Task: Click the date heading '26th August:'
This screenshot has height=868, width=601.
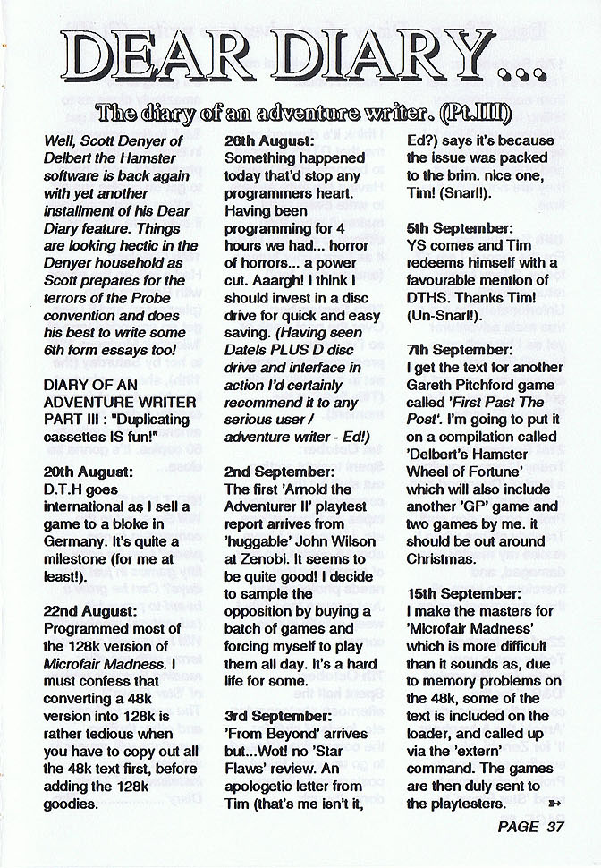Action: click(x=268, y=141)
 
